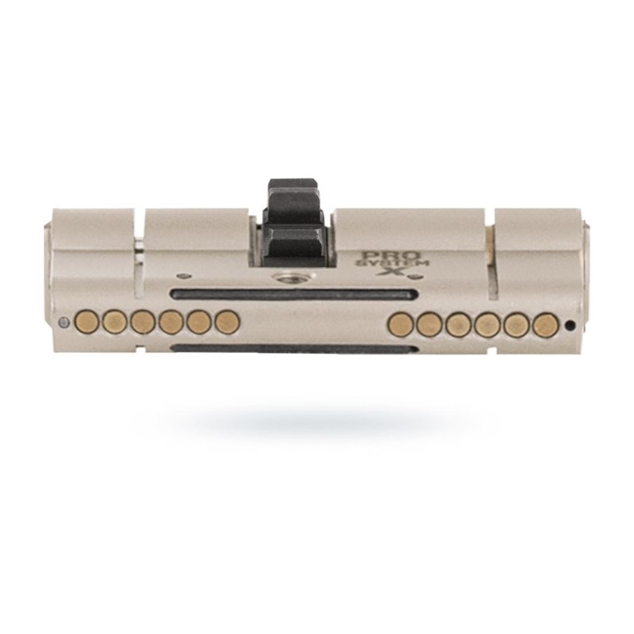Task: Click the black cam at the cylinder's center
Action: pyautogui.click(x=293, y=223)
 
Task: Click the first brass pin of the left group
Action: pyautogui.click(x=87, y=322)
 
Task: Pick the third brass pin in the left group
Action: pyautogui.click(x=143, y=322)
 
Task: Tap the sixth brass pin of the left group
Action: pyautogui.click(x=227, y=322)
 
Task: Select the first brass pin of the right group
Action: pyautogui.click(x=400, y=326)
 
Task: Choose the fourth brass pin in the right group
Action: pyautogui.click(x=487, y=326)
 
